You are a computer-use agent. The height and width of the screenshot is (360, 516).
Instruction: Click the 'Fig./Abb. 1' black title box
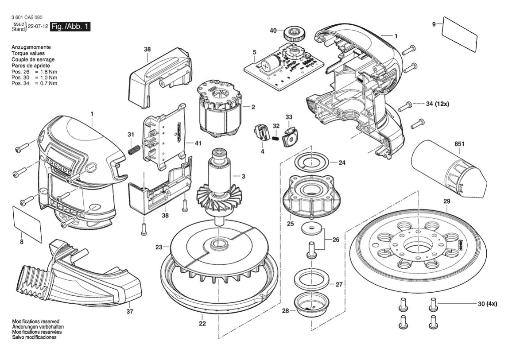tap(70, 27)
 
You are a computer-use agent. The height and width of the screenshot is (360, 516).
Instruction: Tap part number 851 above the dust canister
tap(459, 144)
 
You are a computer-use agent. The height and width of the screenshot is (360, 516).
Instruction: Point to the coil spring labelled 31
tap(133, 150)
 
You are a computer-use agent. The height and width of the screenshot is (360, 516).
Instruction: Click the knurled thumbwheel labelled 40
tap(292, 33)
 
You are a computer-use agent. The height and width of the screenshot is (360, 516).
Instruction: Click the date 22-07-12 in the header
tap(38, 27)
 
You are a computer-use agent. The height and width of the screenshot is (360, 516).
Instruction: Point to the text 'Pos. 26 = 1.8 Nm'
tap(34, 72)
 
